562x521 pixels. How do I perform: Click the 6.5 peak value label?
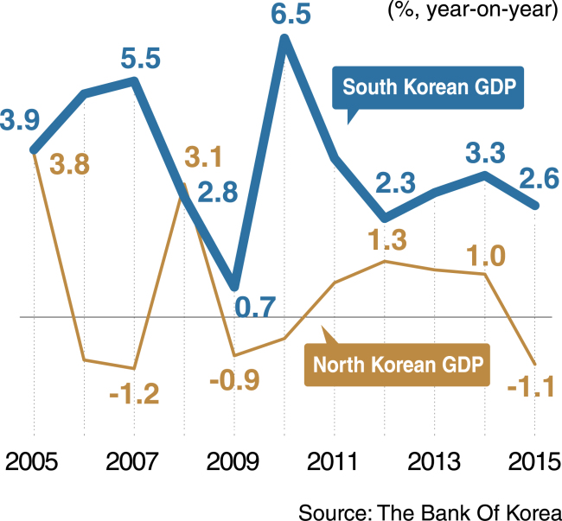pyautogui.click(x=291, y=15)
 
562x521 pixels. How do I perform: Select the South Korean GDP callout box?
pyautogui.click(x=428, y=88)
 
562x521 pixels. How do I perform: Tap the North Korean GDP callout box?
pyautogui.click(x=397, y=365)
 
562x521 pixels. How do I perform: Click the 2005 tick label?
pyautogui.click(x=31, y=462)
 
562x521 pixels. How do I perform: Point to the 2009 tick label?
pyautogui.click(x=233, y=462)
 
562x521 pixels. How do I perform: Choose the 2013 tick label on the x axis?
pyautogui.click(x=434, y=462)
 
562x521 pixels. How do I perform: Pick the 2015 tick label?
pyautogui.click(x=534, y=462)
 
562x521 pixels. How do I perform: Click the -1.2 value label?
pyautogui.click(x=134, y=395)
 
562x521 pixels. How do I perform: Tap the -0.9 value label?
pyautogui.click(x=234, y=381)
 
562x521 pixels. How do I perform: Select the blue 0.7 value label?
pyautogui.click(x=255, y=307)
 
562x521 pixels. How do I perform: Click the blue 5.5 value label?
pyautogui.click(x=140, y=60)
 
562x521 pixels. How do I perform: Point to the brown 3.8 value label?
pyautogui.click(x=69, y=165)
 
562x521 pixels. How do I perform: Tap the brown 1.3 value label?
pyautogui.click(x=388, y=240)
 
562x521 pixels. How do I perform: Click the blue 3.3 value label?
pyautogui.click(x=485, y=153)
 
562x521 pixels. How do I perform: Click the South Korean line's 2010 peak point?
pyautogui.click(x=284, y=39)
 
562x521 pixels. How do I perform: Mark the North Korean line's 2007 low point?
pyautogui.click(x=134, y=368)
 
